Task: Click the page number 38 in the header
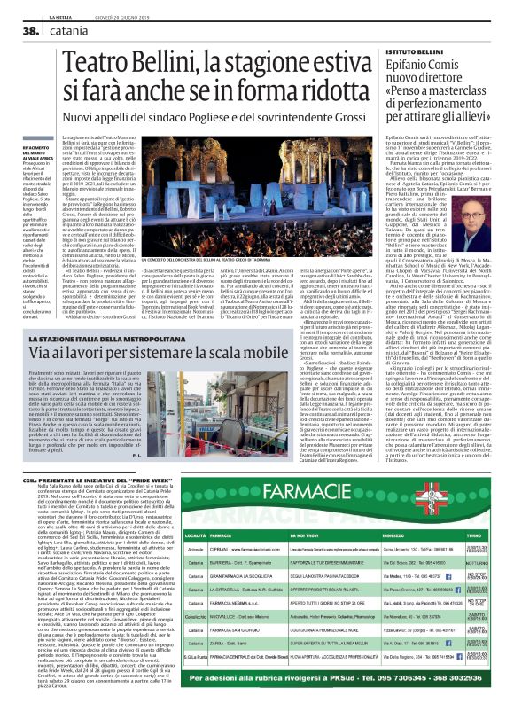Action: coord(17,30)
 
